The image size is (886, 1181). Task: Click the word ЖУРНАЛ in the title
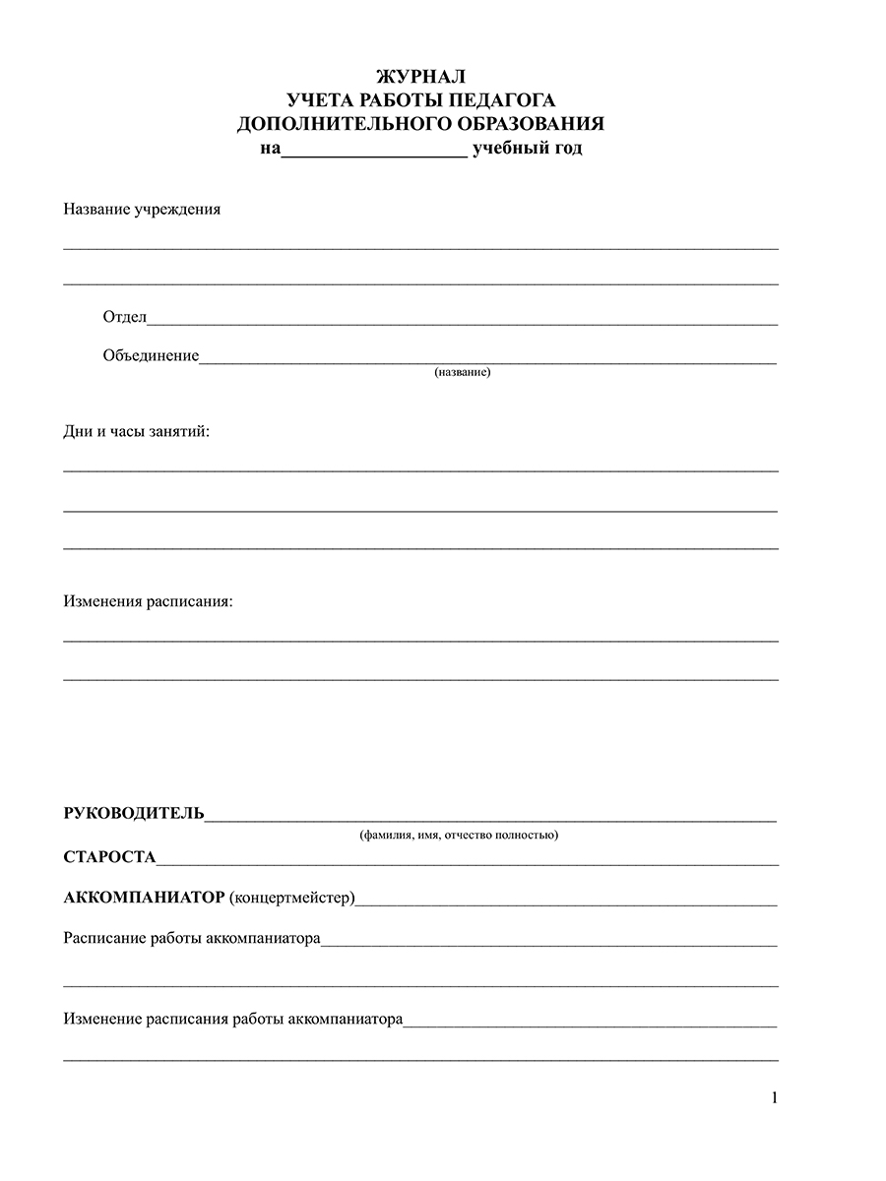coord(420,76)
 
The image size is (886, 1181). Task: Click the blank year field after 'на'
coord(374,151)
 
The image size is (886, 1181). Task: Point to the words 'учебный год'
coord(527,150)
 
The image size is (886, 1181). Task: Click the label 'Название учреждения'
coord(142,210)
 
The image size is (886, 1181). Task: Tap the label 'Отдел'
coord(124,317)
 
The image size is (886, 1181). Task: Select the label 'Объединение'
coord(151,356)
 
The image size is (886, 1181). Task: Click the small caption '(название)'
coord(462,373)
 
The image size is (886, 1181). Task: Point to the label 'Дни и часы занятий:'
coord(137,432)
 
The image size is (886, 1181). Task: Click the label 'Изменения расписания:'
coord(149,600)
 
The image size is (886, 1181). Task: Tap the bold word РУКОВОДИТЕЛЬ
coord(134,813)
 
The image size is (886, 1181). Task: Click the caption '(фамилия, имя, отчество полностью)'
coord(459,836)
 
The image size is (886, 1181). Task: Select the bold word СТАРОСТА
coord(109,857)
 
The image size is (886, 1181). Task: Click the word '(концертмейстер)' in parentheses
coord(291,898)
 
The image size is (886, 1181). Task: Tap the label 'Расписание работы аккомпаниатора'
coord(192,939)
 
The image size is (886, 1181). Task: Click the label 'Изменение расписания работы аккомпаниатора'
coord(233,1020)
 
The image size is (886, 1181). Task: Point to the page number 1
coord(775,1098)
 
